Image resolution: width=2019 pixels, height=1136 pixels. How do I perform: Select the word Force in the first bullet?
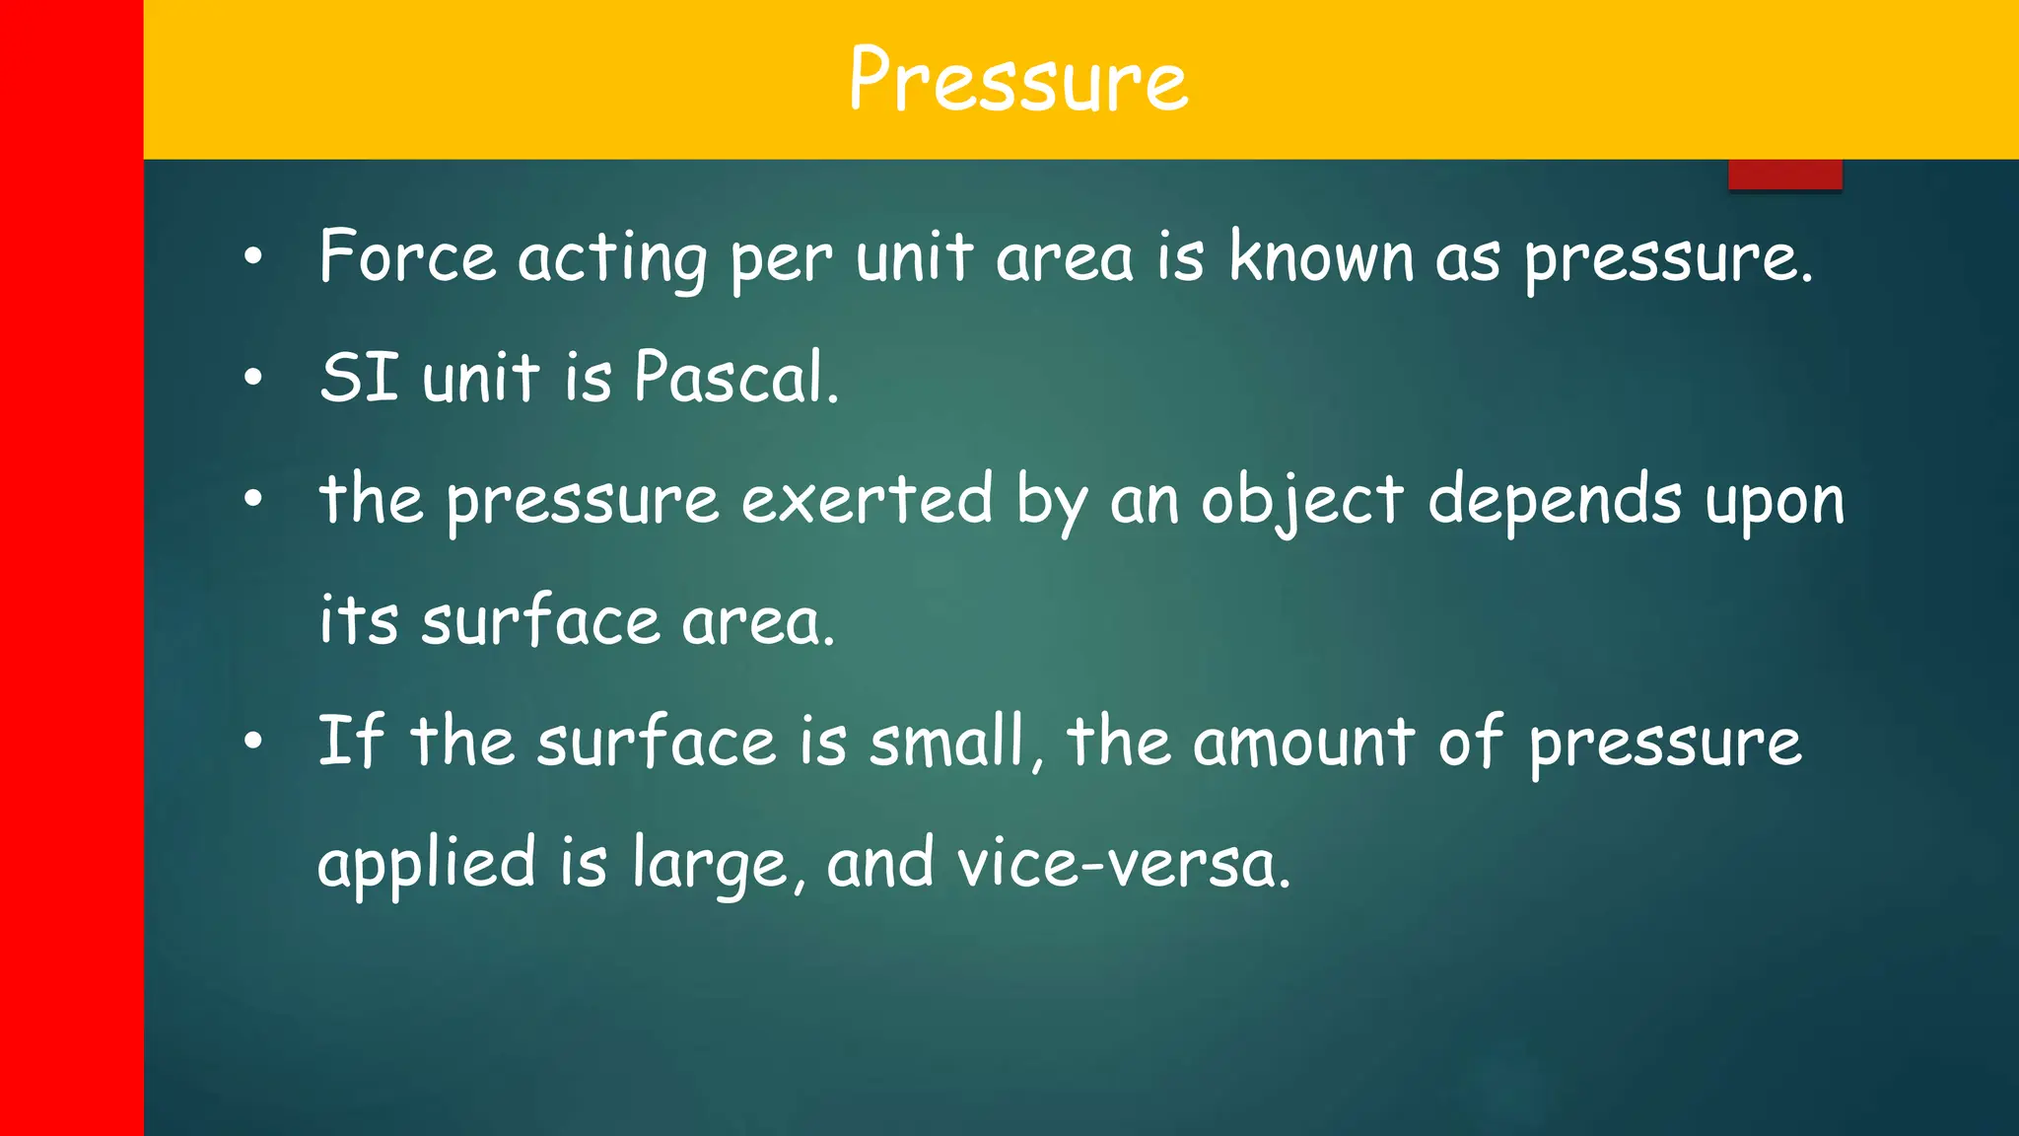coord(407,257)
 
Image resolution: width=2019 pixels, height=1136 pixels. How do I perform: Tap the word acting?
coord(612,259)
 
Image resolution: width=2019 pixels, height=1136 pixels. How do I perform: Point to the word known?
coord(1321,257)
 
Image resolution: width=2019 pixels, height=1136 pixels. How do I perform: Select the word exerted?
coord(867,499)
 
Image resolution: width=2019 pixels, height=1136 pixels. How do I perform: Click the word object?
coord(1301,501)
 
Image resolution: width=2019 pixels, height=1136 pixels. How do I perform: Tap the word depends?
coord(1555,501)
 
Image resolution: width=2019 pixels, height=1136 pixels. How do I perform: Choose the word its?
coord(359,621)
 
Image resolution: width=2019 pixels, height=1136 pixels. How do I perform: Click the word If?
coord(350,741)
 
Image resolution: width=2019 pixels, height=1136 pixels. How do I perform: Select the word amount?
coord(1303,743)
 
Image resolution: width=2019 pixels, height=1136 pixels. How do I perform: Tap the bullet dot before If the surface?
coord(253,741)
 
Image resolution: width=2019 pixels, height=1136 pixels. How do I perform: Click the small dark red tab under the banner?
coord(1784,175)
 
